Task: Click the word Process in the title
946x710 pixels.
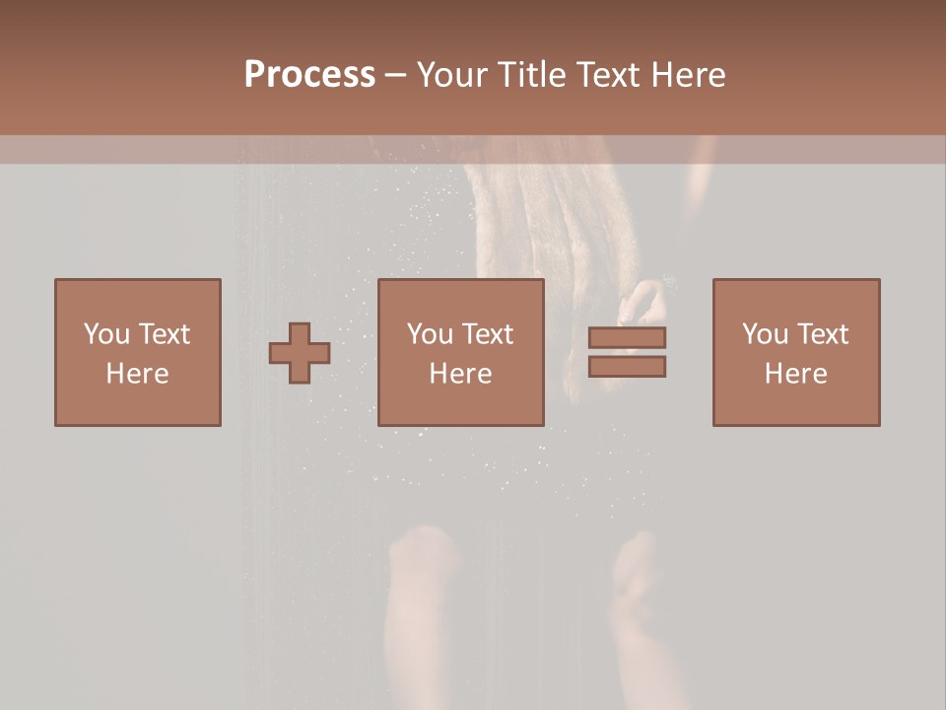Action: point(309,75)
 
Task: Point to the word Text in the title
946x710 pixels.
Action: point(605,75)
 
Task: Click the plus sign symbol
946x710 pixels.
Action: point(300,353)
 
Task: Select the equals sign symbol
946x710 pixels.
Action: point(627,352)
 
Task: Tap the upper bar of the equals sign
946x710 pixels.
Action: point(627,338)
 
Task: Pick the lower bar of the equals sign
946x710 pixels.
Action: point(627,366)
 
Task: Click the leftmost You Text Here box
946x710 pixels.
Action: point(138,352)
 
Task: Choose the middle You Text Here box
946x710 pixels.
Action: point(461,352)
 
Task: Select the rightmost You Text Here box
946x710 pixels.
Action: point(796,352)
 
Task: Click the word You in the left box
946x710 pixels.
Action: point(106,334)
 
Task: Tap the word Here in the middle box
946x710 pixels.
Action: point(461,374)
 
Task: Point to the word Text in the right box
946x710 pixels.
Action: point(821,334)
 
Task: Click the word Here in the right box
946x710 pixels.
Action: point(796,374)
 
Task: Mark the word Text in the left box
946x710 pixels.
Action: point(163,334)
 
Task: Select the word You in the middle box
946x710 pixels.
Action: point(430,334)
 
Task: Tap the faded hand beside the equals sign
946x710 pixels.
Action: point(645,301)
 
